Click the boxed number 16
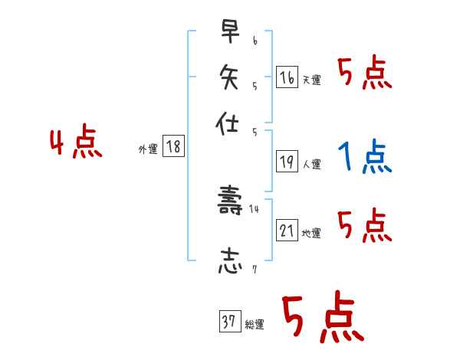pos(287,77)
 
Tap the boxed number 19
pos(287,161)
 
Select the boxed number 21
pos(287,230)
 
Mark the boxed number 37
pos(228,322)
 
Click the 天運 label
pos(311,80)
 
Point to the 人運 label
pos(311,164)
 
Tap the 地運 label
pos(311,233)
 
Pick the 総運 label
pos(254,325)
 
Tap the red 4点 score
pos(76,143)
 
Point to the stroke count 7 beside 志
pos(254,269)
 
